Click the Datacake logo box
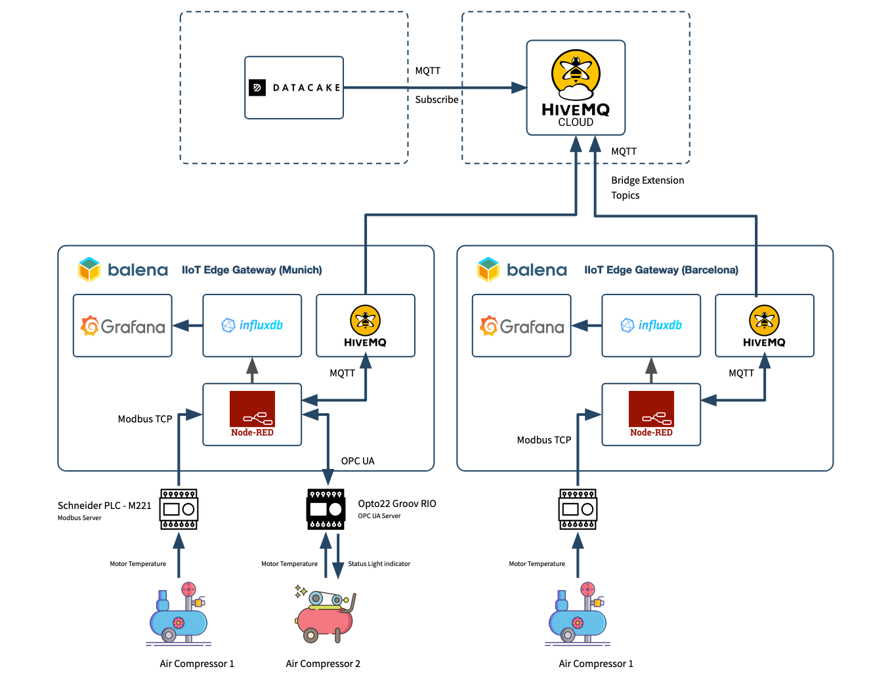tap(294, 87)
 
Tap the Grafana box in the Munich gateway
tap(123, 325)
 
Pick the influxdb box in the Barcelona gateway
tap(651, 325)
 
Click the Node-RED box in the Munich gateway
tap(252, 414)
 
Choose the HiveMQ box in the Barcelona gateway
tap(764, 325)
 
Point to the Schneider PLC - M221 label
tap(104, 506)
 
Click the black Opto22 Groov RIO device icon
tap(326, 509)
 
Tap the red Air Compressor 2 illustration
tap(326, 614)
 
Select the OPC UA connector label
tap(358, 461)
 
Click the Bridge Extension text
tap(647, 180)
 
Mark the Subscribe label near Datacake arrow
tap(436, 100)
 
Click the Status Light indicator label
tap(379, 563)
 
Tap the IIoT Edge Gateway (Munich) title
tap(251, 270)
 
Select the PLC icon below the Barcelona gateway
tap(578, 509)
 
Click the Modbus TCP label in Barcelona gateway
tap(543, 440)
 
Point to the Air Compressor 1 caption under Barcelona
tap(596, 664)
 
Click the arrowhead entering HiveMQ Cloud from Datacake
tap(519, 87)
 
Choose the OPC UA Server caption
tap(379, 516)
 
